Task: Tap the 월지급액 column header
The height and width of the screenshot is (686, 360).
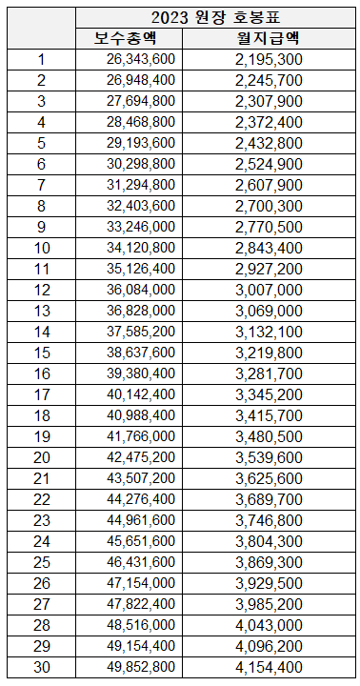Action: coord(269,38)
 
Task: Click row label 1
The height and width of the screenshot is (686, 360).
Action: coord(41,59)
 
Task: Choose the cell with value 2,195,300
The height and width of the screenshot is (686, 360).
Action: coord(269,59)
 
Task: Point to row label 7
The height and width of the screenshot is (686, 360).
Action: coord(41,185)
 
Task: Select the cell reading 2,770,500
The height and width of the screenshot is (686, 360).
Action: coord(269,227)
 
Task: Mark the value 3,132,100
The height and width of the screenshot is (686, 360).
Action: coord(269,332)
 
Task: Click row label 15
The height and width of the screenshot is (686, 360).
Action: coord(41,353)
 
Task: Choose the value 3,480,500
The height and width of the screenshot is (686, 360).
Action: coord(269,436)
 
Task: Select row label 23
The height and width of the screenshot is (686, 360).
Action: coord(41,520)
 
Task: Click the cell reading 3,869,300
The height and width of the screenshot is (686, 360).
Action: coord(269,562)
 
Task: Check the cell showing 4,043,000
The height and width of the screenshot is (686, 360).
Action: coord(269,625)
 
